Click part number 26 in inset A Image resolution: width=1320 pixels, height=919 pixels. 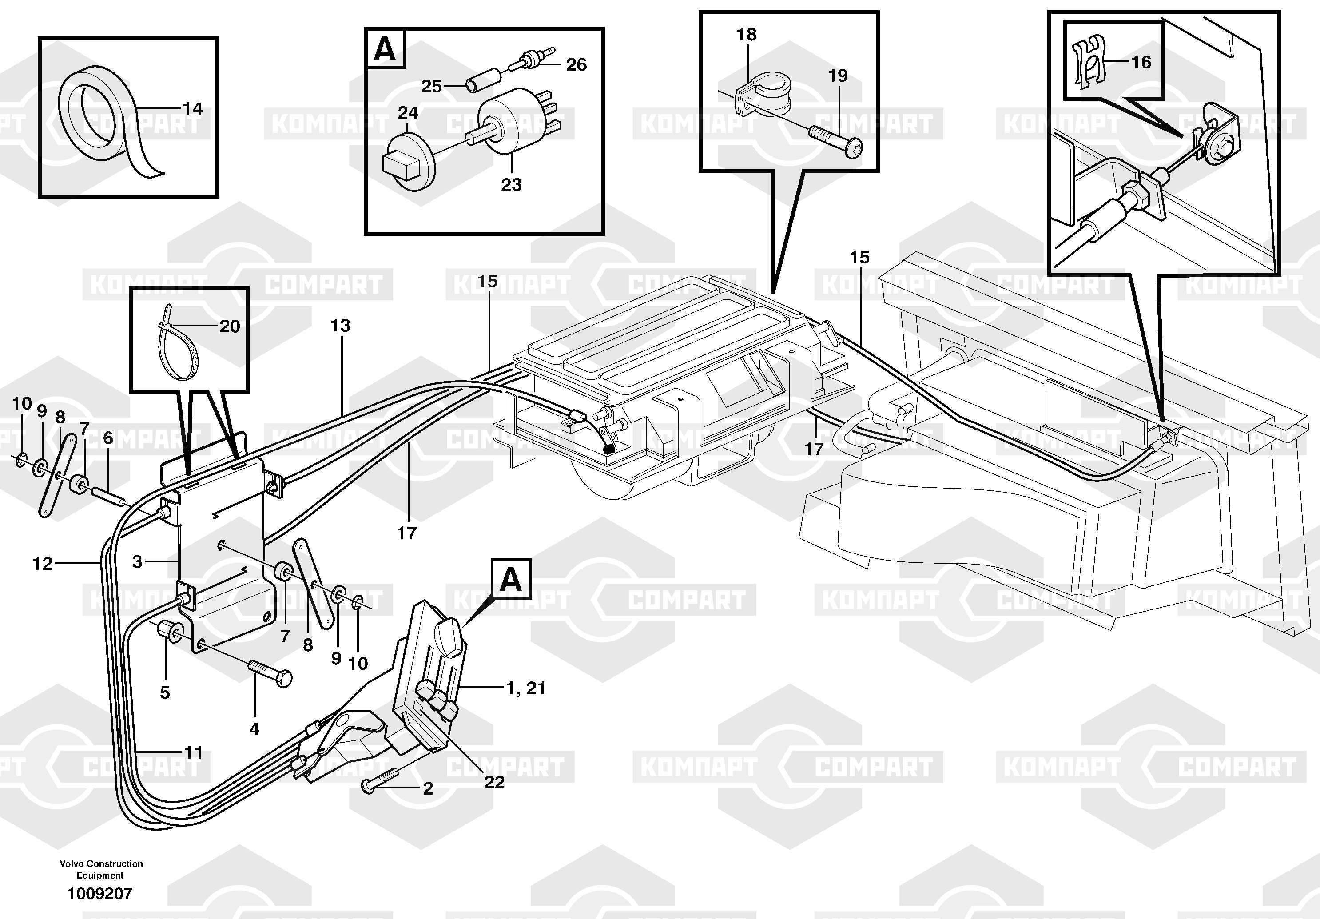576,64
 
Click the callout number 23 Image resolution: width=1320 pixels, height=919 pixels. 511,185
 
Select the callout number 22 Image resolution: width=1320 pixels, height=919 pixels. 494,782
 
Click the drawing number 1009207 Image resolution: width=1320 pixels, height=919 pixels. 100,893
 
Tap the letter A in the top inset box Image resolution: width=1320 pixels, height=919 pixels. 385,49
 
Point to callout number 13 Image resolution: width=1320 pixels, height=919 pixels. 340,326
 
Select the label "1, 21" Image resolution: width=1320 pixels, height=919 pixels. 525,688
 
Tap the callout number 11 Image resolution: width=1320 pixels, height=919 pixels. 193,752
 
